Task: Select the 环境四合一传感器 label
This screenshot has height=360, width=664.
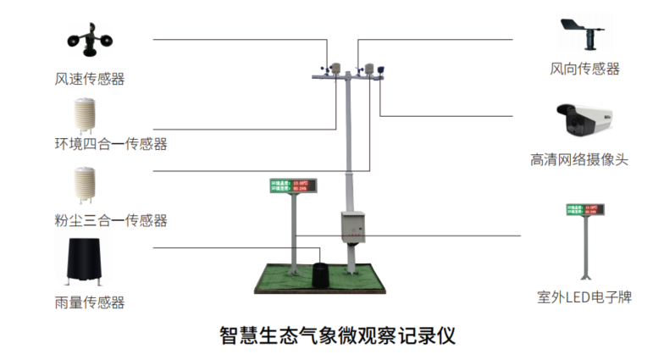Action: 110,144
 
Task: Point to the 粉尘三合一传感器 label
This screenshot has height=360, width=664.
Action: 110,221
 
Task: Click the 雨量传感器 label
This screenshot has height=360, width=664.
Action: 89,302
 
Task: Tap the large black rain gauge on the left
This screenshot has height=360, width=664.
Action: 87,260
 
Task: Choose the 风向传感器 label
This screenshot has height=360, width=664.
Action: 584,69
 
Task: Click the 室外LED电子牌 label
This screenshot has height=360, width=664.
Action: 584,297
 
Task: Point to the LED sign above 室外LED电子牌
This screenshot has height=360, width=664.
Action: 584,208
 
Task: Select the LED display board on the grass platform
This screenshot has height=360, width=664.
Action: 292,185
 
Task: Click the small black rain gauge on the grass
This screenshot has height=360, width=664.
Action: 320,272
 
